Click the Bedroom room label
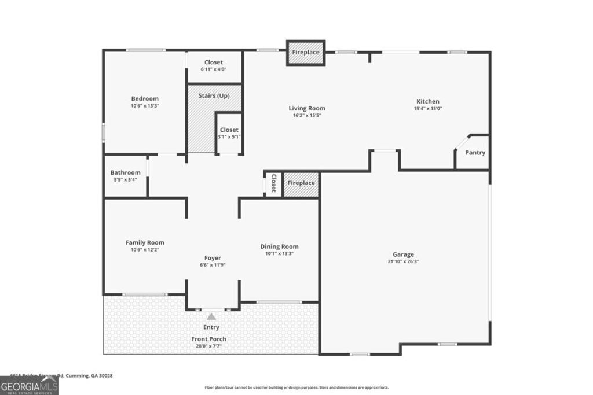[144, 99]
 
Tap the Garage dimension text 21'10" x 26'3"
[403, 261]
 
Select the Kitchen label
[428, 101]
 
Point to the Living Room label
[307, 108]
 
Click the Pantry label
[475, 153]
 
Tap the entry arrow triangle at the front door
[211, 316]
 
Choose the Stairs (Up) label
[214, 95]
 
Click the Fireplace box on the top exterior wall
[305, 53]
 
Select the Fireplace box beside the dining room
[301, 183]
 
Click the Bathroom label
[125, 172]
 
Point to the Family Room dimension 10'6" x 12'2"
[145, 250]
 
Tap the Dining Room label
[279, 246]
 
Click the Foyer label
[213, 258]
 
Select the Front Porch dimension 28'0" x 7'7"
[209, 346]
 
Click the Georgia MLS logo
[29, 386]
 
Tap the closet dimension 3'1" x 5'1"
[229, 137]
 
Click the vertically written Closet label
[273, 183]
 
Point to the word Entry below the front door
[211, 327]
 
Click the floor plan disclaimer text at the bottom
[296, 387]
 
